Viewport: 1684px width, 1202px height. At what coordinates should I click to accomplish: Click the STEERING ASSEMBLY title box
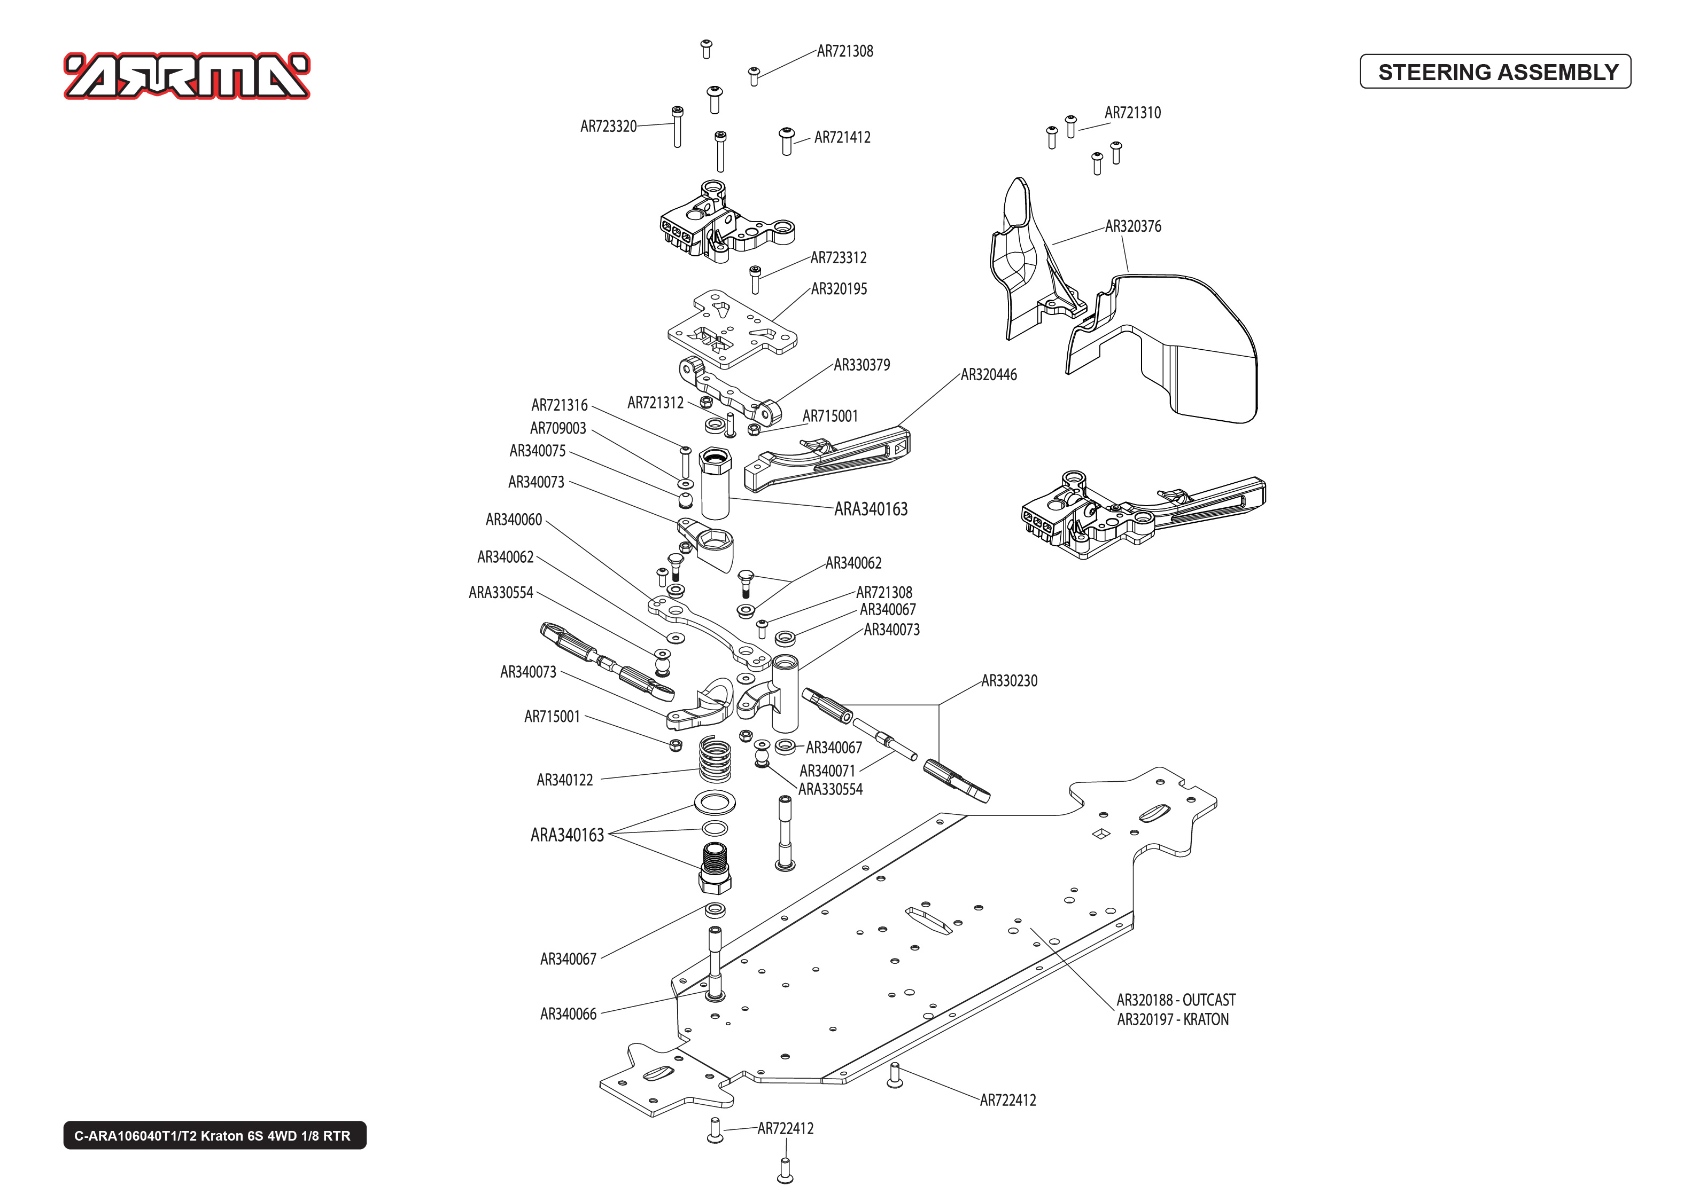click(1496, 72)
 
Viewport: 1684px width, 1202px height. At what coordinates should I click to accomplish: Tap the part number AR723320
click(608, 127)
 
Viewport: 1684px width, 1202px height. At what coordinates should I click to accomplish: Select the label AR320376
click(1132, 226)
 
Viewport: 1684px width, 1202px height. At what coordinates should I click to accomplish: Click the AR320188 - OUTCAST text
click(1175, 1000)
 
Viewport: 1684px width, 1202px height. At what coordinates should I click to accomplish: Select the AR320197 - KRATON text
click(1173, 1020)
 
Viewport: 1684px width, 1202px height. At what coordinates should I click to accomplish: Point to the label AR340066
click(568, 1015)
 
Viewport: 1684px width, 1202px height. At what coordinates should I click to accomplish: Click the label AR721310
click(1132, 113)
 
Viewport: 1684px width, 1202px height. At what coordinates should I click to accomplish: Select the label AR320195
click(839, 289)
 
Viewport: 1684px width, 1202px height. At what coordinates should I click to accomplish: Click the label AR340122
click(564, 780)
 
